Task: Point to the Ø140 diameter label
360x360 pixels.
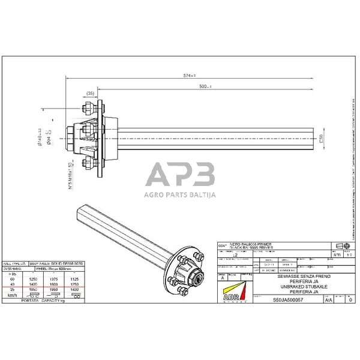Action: pyautogui.click(x=40, y=137)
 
